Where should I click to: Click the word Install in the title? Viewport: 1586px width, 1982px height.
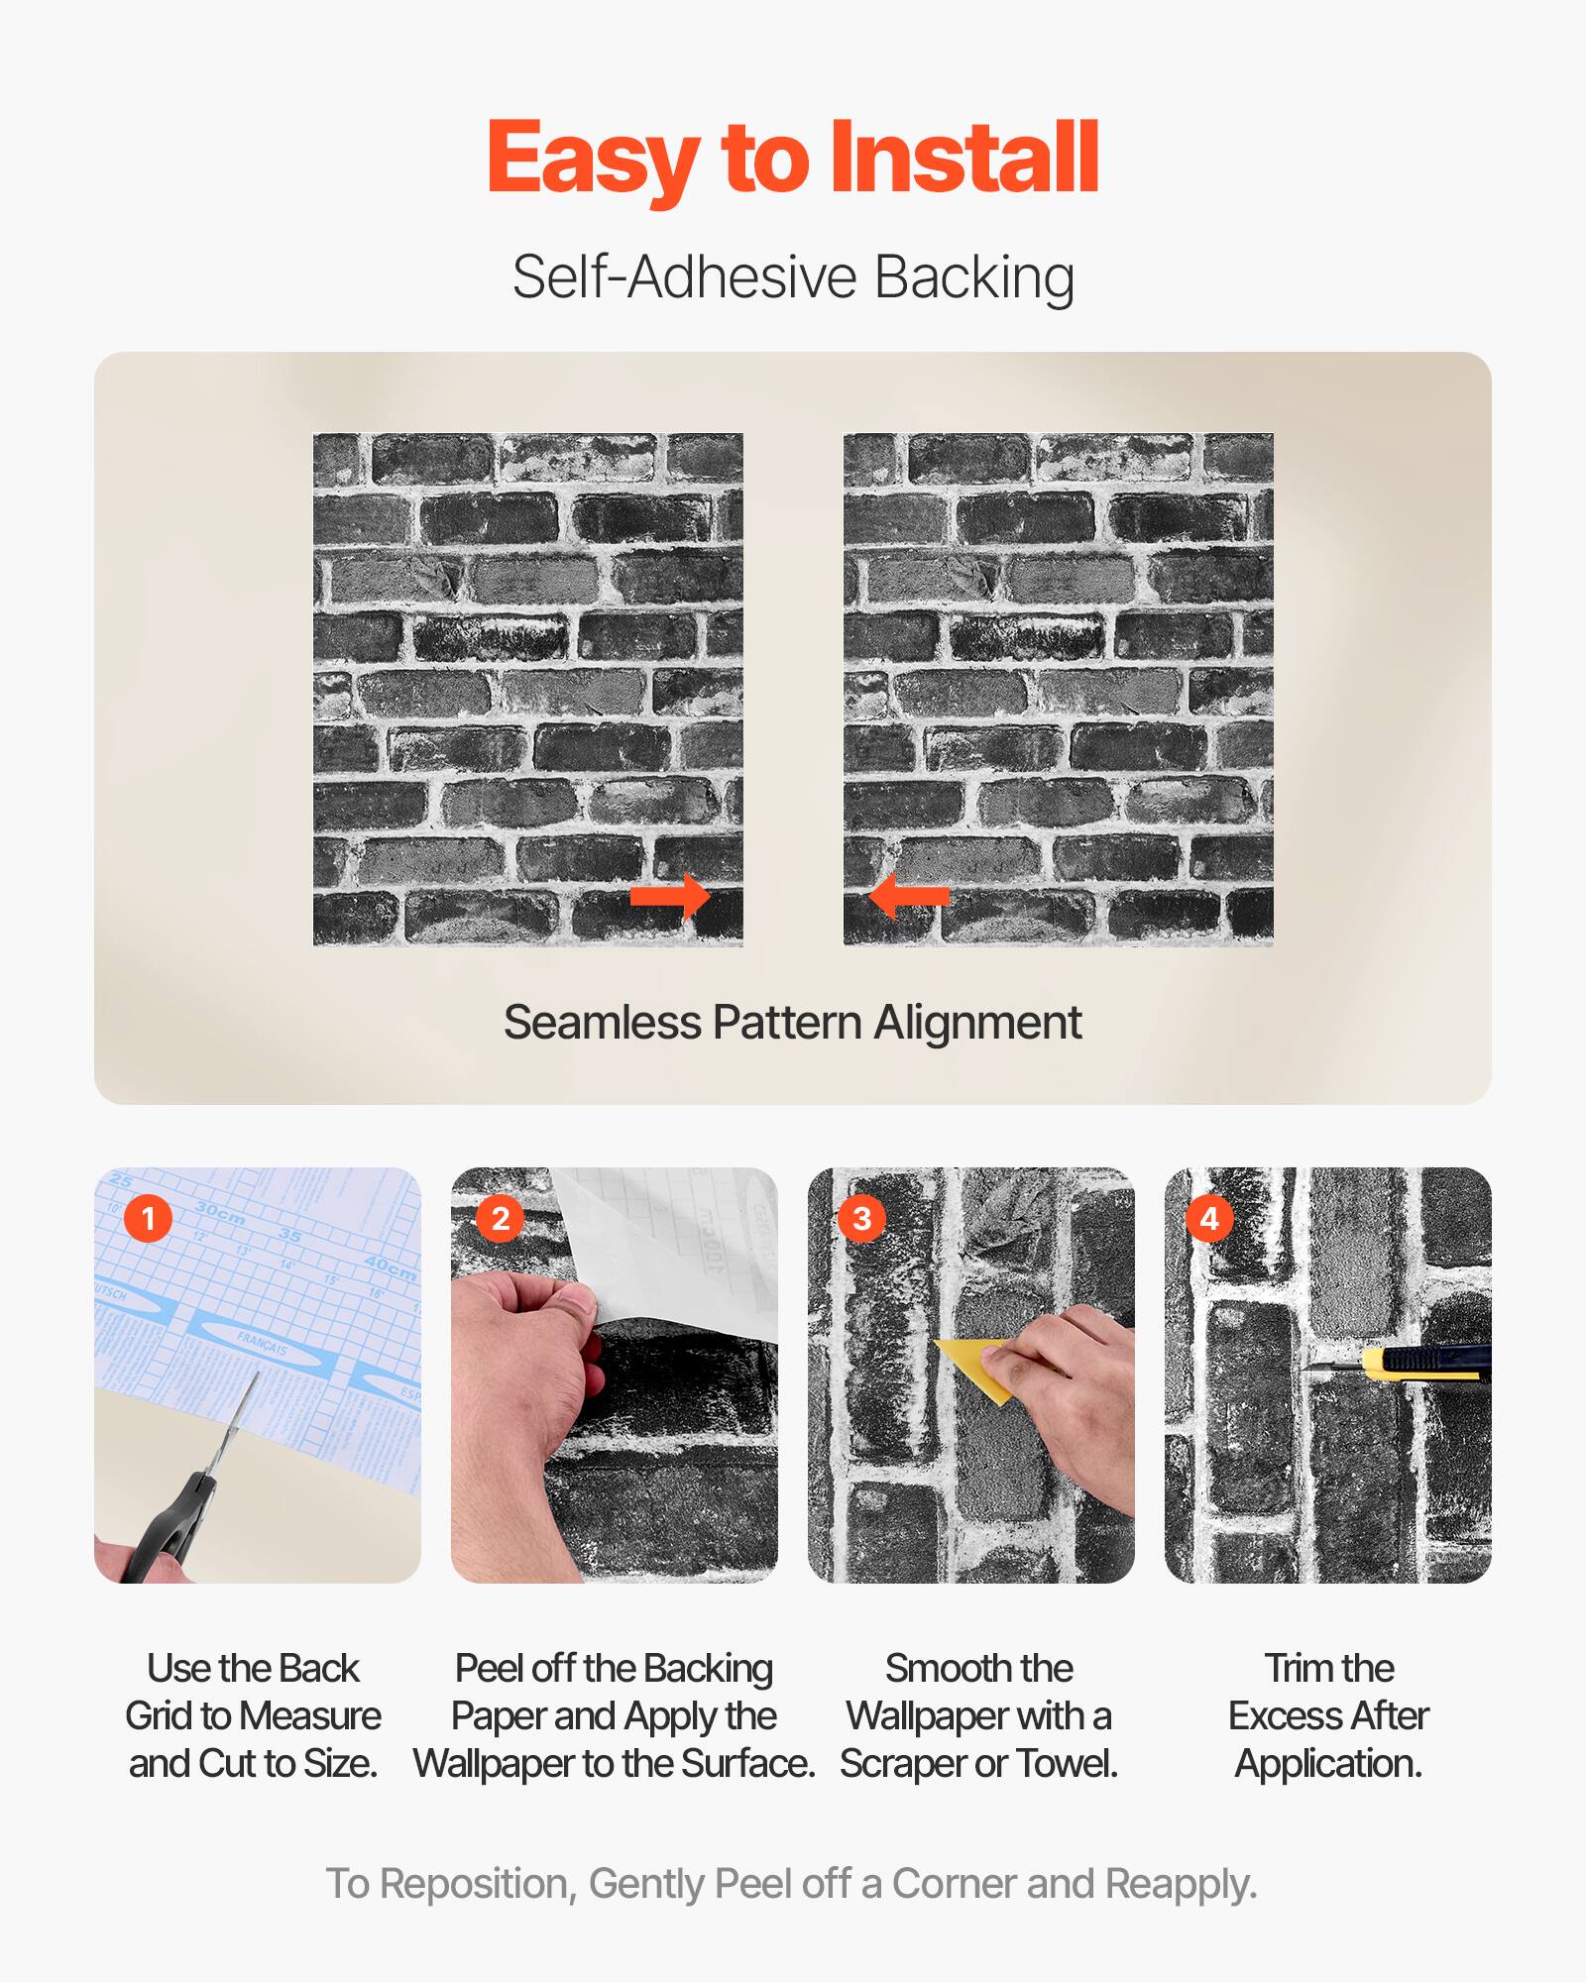[x=963, y=159]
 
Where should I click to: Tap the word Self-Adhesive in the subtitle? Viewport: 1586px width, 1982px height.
[x=684, y=277]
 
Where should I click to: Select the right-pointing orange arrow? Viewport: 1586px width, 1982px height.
[x=670, y=896]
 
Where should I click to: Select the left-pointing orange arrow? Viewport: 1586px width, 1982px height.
[x=908, y=896]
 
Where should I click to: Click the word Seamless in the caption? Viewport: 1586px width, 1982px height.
[x=602, y=1023]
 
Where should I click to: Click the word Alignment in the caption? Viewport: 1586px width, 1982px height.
[x=977, y=1023]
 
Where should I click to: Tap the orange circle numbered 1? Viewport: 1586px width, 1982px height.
[x=149, y=1218]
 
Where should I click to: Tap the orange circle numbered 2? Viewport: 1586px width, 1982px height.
[x=501, y=1218]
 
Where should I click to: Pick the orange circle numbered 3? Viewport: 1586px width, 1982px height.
[x=862, y=1218]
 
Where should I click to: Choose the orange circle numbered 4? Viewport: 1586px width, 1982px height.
[x=1209, y=1218]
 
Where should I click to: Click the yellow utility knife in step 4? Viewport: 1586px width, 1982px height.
[x=1427, y=1364]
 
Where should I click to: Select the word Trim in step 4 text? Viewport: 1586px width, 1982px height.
[x=1296, y=1669]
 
